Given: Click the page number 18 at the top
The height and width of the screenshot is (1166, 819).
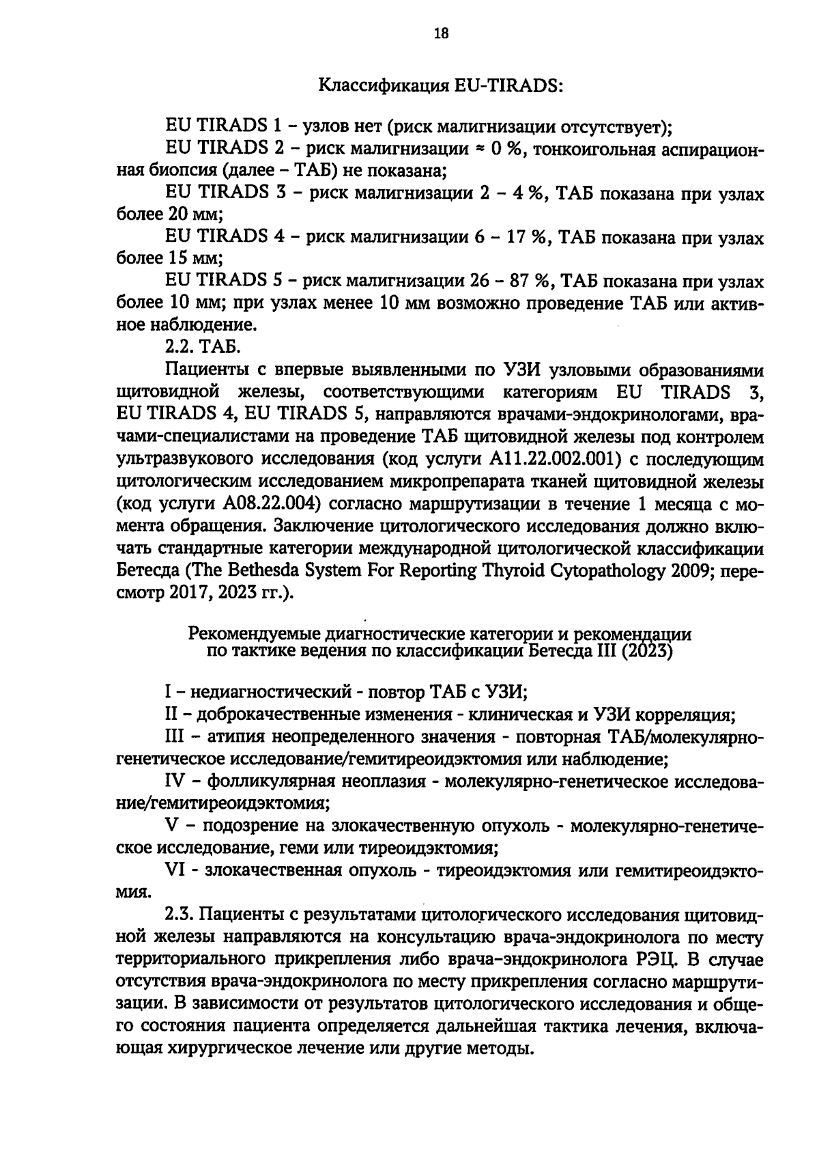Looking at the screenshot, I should [440, 33].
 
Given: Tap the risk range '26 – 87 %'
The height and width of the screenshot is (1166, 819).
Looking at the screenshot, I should [511, 281].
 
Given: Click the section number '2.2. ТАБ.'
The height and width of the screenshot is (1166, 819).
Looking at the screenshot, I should [203, 348].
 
